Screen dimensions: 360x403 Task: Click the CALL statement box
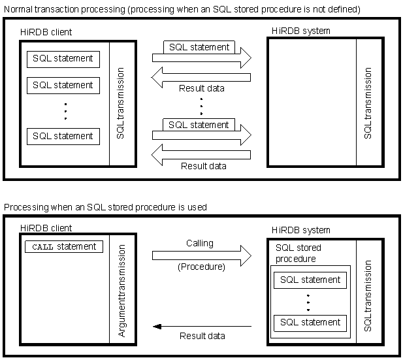point(63,247)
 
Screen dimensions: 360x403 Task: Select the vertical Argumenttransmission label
point(121,287)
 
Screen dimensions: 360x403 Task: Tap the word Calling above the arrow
point(200,243)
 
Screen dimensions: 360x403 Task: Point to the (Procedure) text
point(201,267)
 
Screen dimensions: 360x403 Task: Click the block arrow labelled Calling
point(202,255)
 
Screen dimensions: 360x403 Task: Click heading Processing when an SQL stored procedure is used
point(105,207)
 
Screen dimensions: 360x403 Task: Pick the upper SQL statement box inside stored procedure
point(310,280)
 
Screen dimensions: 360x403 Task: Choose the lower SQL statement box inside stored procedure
point(310,322)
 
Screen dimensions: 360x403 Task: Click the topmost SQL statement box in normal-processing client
point(63,58)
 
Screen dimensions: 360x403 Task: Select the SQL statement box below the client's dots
point(63,136)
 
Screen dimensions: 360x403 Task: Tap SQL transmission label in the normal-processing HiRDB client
point(121,103)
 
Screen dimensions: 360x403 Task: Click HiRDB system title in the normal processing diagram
point(301,31)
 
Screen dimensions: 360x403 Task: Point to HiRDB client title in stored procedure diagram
point(46,228)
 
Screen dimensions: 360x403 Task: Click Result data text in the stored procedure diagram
point(202,336)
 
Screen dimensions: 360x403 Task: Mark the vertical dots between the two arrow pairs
point(201,106)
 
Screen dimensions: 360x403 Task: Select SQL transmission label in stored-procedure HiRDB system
point(368,295)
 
